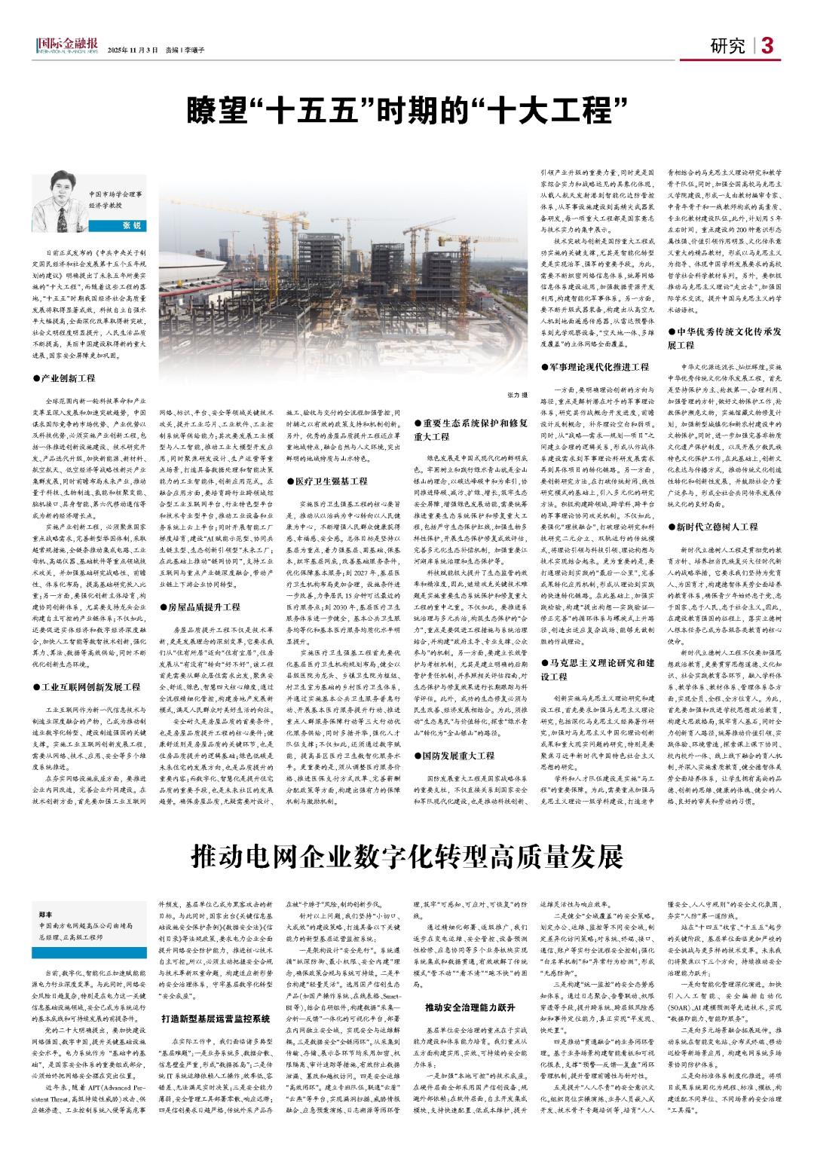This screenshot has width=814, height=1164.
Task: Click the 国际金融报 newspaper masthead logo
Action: pos(66,47)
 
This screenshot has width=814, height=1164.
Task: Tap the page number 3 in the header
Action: pos(767,46)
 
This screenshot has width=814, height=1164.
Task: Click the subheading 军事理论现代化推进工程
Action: pos(595,367)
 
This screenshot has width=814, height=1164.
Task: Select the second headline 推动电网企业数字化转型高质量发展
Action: pos(408,856)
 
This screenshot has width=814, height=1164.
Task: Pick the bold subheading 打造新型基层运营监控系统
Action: pos(205,1019)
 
